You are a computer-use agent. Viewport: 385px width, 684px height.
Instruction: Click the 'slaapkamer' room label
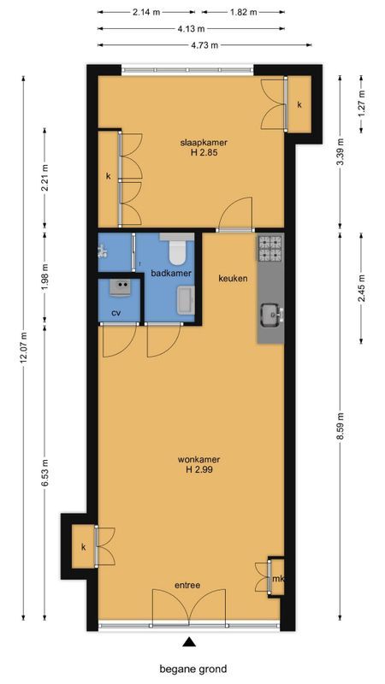(204, 142)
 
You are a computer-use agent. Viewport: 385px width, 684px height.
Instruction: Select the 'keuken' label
(232, 279)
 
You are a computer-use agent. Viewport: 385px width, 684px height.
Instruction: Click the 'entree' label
(187, 586)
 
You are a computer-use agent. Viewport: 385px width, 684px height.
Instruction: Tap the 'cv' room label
(116, 313)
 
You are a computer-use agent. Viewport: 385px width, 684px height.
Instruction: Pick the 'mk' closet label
(276, 581)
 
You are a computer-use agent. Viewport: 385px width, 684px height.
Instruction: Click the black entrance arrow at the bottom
(189, 643)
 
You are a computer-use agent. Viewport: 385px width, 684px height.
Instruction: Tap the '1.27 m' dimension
(362, 109)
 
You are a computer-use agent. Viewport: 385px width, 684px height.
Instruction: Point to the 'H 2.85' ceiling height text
(204, 153)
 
